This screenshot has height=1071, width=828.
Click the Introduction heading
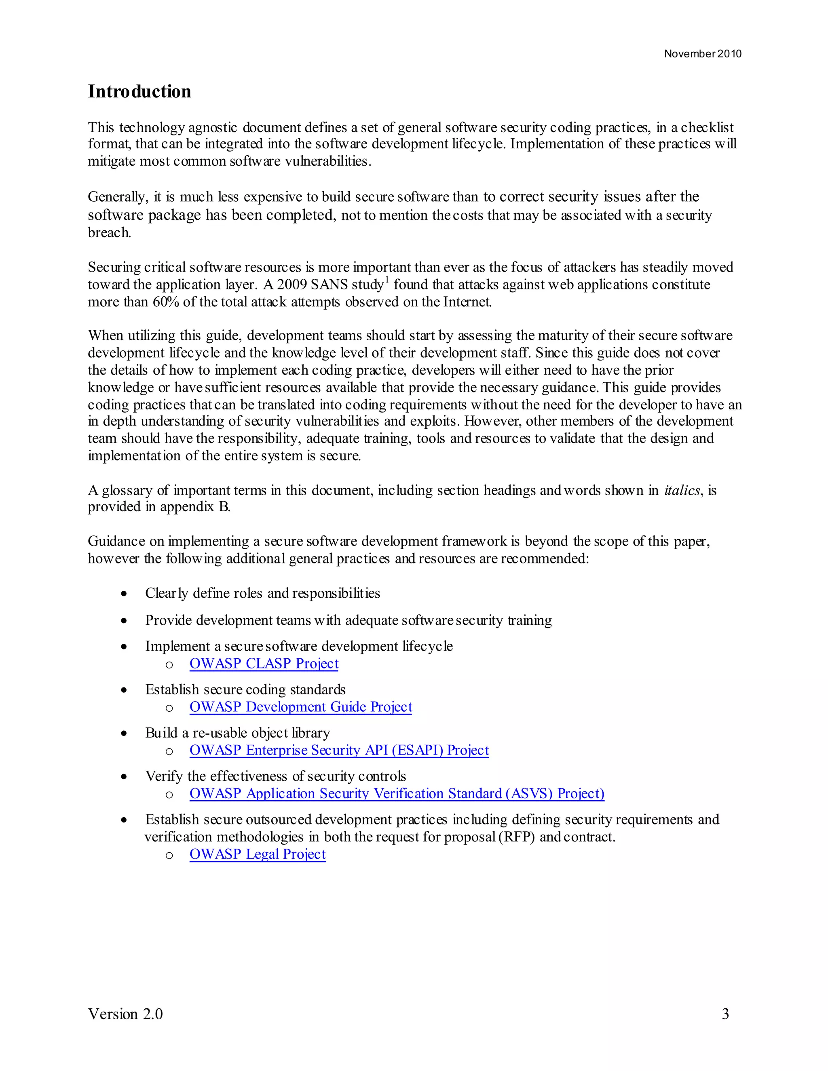(x=139, y=92)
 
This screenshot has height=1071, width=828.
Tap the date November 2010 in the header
(x=702, y=54)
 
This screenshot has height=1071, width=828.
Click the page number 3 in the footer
(x=725, y=1014)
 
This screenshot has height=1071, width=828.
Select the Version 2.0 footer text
(x=125, y=1014)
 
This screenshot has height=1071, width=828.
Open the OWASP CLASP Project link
(x=264, y=664)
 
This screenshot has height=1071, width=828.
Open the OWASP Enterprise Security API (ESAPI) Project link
(x=339, y=750)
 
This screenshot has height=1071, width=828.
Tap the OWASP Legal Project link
(x=258, y=854)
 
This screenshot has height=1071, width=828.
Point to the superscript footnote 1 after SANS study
(x=387, y=280)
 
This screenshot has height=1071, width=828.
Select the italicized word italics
(x=682, y=490)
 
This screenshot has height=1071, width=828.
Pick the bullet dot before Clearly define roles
(x=125, y=594)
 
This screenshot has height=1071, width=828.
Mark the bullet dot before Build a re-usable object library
(x=125, y=734)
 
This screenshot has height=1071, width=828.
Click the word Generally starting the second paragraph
(x=117, y=197)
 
